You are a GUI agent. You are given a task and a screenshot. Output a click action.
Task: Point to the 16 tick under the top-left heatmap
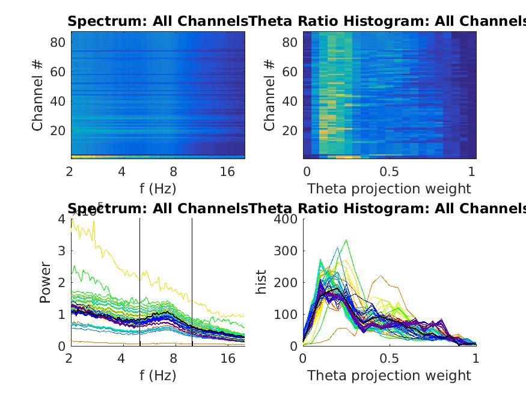pyautogui.click(x=227, y=172)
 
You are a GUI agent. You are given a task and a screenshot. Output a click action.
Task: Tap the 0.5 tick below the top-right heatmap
pyautogui.click(x=389, y=172)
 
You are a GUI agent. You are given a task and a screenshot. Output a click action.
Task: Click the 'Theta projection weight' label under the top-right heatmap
pyautogui.click(x=389, y=189)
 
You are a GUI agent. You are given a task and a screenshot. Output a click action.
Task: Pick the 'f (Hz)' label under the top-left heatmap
pyautogui.click(x=157, y=189)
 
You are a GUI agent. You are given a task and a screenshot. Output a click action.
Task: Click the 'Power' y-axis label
pyautogui.click(x=46, y=282)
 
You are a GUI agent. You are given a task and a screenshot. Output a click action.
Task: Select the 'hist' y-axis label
pyautogui.click(x=261, y=282)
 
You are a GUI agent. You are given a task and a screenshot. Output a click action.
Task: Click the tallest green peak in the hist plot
pyautogui.click(x=346, y=240)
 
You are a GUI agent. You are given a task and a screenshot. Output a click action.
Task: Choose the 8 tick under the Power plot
pyautogui.click(x=174, y=359)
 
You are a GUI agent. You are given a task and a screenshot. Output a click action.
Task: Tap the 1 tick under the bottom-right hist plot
pyautogui.click(x=476, y=359)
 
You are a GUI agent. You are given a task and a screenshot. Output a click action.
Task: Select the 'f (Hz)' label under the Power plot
pyautogui.click(x=157, y=376)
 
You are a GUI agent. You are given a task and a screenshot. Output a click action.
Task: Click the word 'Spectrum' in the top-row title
pyautogui.click(x=97, y=22)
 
